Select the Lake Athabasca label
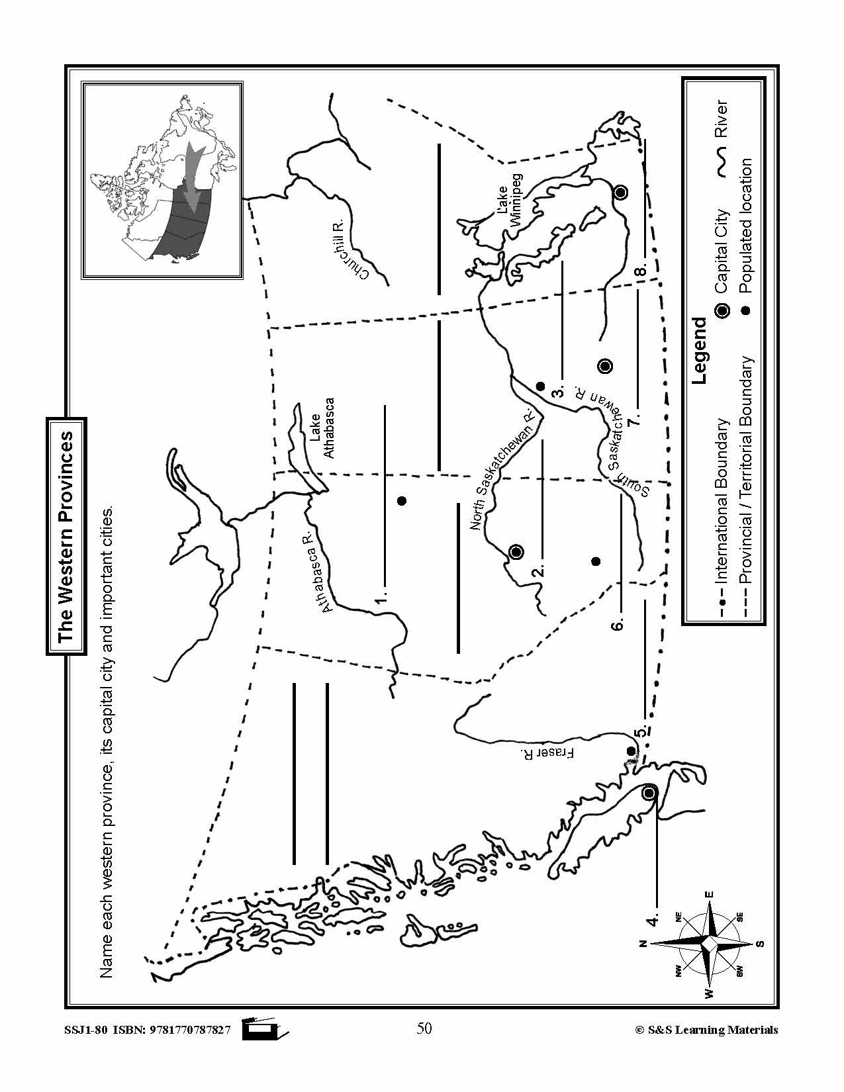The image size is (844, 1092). (x=322, y=428)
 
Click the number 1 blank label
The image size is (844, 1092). (x=381, y=599)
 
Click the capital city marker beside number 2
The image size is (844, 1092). (x=516, y=552)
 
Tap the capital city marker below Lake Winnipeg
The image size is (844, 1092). (x=620, y=193)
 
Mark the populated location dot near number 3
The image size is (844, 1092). (x=539, y=387)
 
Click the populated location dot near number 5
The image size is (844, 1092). (x=631, y=751)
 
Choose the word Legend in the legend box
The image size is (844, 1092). (x=699, y=351)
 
